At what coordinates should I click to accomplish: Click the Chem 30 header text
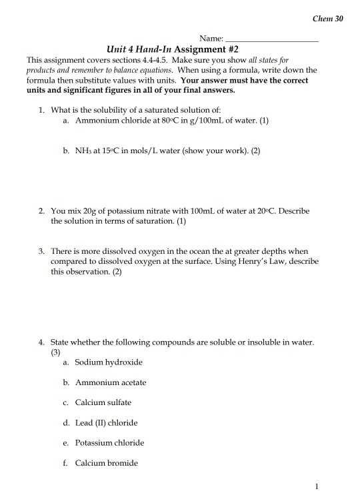(328, 18)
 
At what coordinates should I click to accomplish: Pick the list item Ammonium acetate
(110, 382)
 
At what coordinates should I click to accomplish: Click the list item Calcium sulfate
(103, 402)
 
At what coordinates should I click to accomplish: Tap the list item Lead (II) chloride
(107, 422)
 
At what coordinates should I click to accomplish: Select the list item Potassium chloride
(109, 442)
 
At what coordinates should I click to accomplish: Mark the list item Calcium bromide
(106, 462)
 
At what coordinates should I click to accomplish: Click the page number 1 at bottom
(321, 487)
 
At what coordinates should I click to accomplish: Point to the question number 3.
(41, 251)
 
